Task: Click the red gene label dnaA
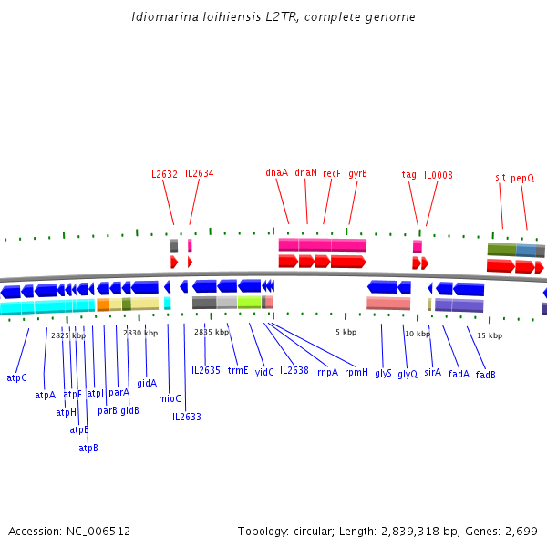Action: (276, 172)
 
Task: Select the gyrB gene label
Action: (357, 173)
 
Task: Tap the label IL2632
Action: (163, 174)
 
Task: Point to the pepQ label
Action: (522, 178)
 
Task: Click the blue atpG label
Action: (17, 377)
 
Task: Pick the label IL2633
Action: (187, 417)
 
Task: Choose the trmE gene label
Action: (238, 370)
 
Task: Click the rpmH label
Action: (356, 372)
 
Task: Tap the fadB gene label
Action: (486, 375)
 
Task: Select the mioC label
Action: (170, 398)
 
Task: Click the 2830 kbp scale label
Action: (140, 334)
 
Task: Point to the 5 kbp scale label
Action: (345, 332)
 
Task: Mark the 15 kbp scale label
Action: (490, 335)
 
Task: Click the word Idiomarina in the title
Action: (162, 17)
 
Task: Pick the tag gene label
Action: (409, 175)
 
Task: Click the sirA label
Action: (432, 373)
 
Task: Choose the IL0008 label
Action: (439, 175)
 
